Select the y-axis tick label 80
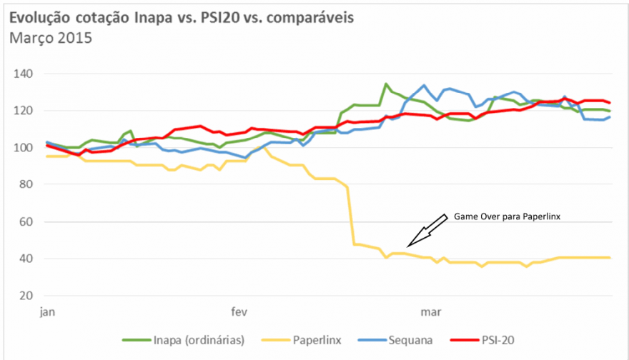[26, 185]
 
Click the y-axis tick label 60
[26, 222]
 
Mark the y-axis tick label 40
[26, 259]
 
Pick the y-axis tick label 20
[26, 296]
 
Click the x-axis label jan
[48, 311]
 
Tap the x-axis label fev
[239, 311]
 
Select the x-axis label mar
[430, 311]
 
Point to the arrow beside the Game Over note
[424, 233]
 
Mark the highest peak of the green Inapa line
[386, 84]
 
